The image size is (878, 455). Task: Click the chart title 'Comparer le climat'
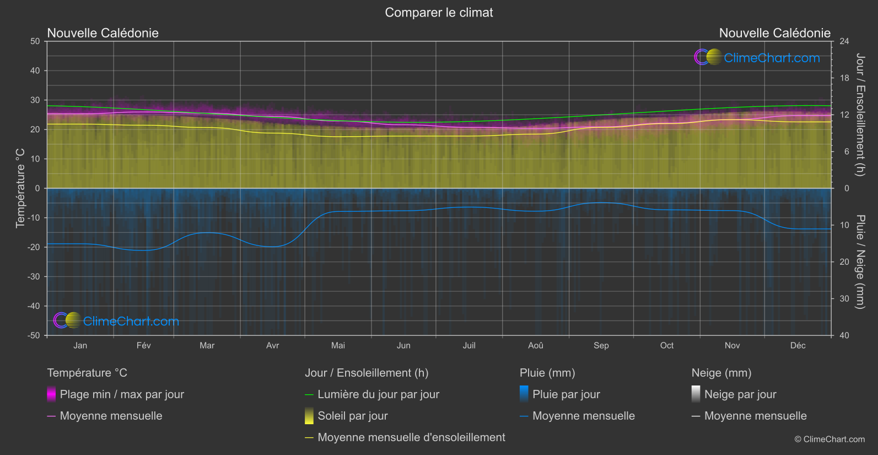(439, 13)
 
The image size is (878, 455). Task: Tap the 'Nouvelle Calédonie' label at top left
(103, 33)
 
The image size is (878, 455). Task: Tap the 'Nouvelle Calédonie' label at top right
(774, 33)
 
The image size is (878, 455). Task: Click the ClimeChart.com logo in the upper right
(757, 57)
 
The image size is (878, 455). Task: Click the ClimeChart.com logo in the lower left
(117, 321)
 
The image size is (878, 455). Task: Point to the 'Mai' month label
(338, 346)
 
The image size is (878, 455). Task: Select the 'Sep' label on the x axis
(601, 346)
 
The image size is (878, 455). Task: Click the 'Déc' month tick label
(798, 346)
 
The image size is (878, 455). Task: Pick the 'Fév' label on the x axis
(143, 346)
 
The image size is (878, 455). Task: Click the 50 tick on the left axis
(35, 41)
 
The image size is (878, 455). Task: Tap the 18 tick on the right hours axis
(844, 78)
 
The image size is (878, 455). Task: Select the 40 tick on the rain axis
(844, 335)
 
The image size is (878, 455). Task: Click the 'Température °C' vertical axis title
(20, 188)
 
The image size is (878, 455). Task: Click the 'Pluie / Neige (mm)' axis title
(860, 261)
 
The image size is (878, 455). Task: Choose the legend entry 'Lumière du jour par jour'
(378, 394)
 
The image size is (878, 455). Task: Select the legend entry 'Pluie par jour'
(566, 394)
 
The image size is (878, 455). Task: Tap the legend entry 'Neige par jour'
(740, 394)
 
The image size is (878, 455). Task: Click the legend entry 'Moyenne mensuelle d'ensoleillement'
(411, 437)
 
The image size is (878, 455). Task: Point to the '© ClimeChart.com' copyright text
(829, 440)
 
